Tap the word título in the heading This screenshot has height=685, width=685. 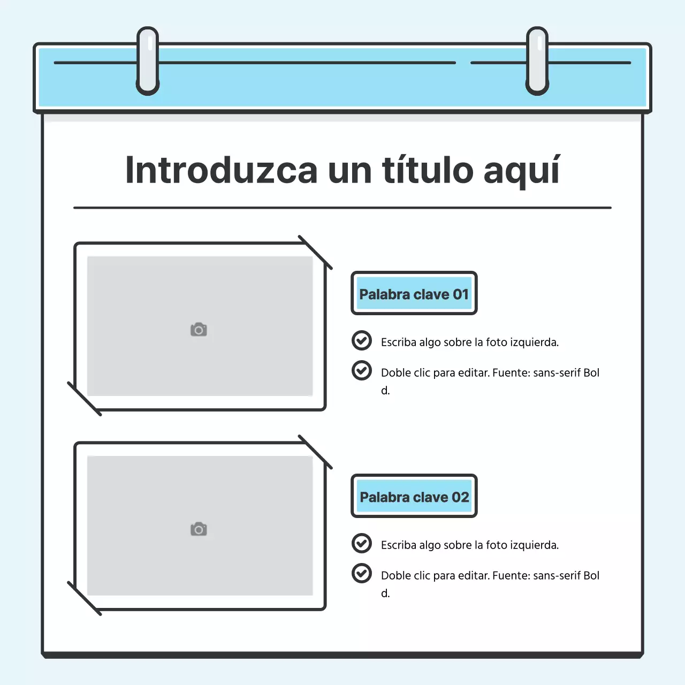point(428,170)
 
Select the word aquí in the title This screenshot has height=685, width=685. point(521,171)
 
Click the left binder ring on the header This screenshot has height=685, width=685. point(148,61)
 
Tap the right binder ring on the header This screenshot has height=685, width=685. point(537,61)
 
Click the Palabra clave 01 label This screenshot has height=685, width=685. point(414,294)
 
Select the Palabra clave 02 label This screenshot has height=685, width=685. point(414,497)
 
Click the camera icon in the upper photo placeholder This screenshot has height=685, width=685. point(199,330)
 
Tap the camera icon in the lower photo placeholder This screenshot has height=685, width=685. point(199,529)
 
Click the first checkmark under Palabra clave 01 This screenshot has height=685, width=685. point(362,340)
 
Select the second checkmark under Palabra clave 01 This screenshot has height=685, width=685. point(362,370)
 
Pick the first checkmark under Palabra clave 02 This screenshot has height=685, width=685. point(362,543)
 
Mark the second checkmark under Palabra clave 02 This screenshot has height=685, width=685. point(362,573)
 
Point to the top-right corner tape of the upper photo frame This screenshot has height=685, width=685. point(315,252)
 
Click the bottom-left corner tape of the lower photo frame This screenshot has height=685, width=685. point(84,598)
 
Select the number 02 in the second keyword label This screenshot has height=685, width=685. point(460,497)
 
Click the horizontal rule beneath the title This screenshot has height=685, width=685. point(342,208)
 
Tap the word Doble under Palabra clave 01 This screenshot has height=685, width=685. point(396,373)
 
